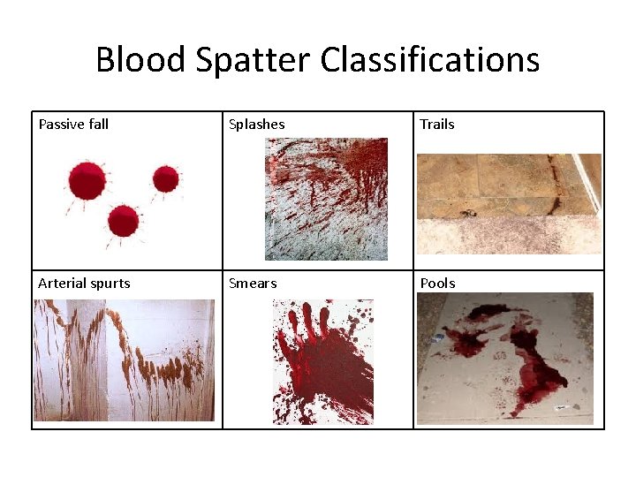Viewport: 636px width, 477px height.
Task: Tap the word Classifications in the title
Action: point(429,60)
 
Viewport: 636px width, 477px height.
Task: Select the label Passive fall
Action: point(73,125)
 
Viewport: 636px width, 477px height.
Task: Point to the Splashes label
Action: point(256,125)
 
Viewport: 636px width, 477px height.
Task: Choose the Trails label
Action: point(437,125)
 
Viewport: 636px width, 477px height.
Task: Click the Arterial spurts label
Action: point(84,284)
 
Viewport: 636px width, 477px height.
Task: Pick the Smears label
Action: point(253,284)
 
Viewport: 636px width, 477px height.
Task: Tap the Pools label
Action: point(437,284)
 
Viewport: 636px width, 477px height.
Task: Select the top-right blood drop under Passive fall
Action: point(165,179)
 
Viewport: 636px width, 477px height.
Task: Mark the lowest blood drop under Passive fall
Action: point(123,220)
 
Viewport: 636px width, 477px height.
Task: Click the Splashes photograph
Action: point(326,199)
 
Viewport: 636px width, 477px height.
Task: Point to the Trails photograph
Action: point(509,204)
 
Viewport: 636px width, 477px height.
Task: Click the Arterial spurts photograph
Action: point(124,360)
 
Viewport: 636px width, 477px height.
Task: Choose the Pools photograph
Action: point(505,359)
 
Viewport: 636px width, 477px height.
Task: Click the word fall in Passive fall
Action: point(97,125)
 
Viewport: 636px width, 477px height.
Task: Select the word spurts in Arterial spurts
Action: point(110,284)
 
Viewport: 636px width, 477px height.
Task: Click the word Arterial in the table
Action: point(62,284)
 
